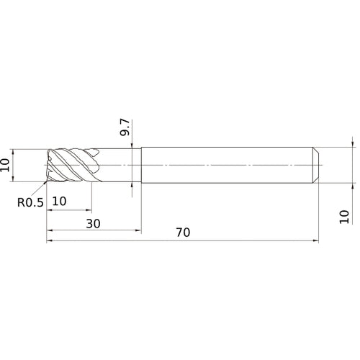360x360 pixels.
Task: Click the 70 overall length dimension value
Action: coord(181,233)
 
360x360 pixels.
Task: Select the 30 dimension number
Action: coord(94,223)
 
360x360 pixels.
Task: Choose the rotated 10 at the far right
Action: coord(344,217)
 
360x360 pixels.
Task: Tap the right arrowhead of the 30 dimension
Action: coord(138,230)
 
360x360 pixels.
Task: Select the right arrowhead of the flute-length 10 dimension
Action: coord(91,210)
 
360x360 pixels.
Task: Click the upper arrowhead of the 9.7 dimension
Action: coord(133,146)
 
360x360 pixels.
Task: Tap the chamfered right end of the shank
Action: coord(316,166)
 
